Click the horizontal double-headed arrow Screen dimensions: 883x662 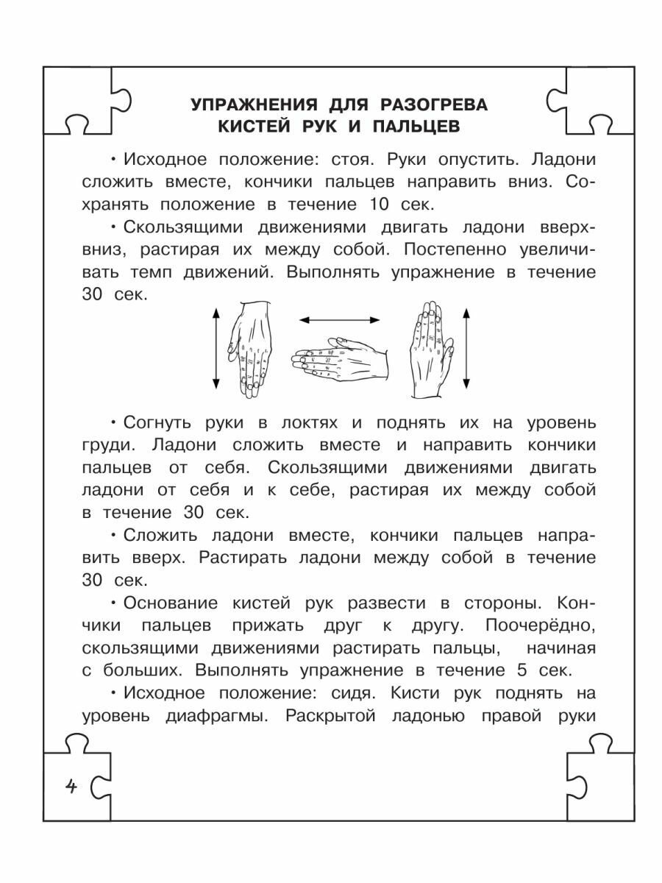click(x=339, y=319)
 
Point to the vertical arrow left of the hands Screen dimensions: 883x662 click(x=216, y=349)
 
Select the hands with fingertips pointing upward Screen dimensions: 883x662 click(x=430, y=347)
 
